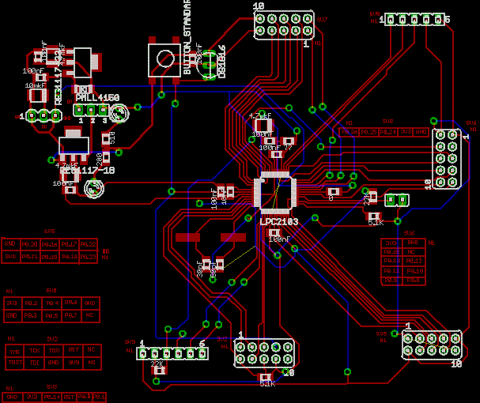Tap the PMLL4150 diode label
[97, 98]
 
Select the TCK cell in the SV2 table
[34, 349]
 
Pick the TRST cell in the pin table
[13, 362]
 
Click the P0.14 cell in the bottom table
[50, 397]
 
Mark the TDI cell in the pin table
[34, 362]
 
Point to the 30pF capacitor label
[200, 269]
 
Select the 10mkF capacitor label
[34, 85]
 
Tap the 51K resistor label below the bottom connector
[267, 384]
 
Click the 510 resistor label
[112, 138]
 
